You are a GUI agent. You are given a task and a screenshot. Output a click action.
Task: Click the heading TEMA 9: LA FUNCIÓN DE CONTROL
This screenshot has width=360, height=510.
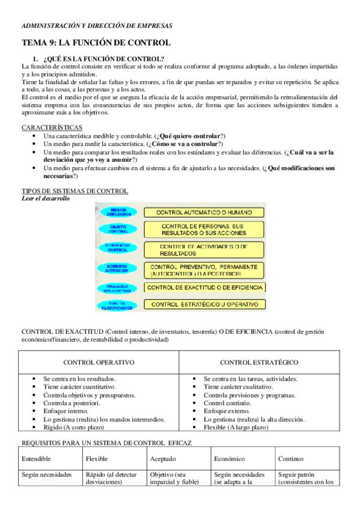coord(97,43)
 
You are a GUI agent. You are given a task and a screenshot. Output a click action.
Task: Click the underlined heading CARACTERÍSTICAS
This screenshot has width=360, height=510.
coord(52,128)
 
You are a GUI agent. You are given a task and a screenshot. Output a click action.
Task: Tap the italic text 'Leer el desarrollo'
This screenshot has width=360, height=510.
coord(46,198)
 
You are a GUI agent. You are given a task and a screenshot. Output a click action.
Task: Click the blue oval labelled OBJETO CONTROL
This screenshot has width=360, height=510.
coord(118,229)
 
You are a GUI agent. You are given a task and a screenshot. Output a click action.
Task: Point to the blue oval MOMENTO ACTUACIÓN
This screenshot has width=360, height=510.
coord(118,269)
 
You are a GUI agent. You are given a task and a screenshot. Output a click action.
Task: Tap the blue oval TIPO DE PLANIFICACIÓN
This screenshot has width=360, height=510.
coord(118,305)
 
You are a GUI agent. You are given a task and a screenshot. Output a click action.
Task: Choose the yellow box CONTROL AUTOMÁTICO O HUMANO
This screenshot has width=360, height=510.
coord(204,212)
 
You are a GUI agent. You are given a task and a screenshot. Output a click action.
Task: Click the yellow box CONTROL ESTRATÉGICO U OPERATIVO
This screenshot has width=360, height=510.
coord(204,305)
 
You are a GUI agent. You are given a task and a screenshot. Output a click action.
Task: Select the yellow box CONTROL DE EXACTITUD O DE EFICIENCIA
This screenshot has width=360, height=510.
coord(204,287)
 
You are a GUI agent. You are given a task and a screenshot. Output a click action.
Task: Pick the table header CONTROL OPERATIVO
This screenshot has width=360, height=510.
coord(99,363)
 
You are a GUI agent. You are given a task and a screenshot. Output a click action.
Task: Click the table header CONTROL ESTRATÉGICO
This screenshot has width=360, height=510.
coord(259,363)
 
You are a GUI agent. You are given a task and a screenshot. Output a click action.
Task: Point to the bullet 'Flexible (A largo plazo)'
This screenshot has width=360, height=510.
coord(237,427)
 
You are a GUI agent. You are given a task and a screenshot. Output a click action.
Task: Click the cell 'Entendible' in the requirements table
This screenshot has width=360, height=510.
coord(36,459)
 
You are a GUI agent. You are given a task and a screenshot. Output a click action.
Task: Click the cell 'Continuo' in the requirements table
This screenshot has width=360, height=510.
coord(291,459)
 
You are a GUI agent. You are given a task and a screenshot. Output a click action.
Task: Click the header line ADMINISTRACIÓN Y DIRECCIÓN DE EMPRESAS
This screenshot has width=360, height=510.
coord(97,26)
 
